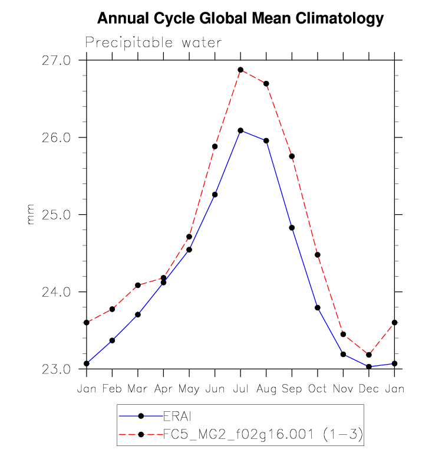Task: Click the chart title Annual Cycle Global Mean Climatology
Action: pos(240,19)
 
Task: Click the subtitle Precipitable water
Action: pos(153,42)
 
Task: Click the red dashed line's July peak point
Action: pos(240,70)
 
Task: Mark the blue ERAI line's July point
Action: pos(240,130)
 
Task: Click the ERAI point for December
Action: pos(369,367)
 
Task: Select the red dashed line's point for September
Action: pos(292,156)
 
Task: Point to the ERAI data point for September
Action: pos(292,228)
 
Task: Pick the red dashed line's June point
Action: pos(215,146)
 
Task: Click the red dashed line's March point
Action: pos(138,285)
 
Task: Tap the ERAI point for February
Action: pos(112,340)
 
